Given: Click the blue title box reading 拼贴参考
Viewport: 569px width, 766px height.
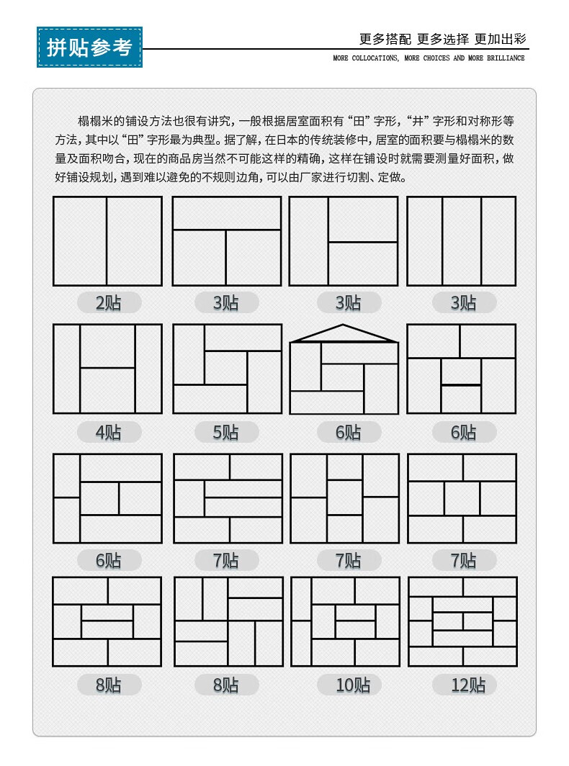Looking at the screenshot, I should (x=89, y=48).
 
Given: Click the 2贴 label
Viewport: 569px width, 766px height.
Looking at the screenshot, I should (x=109, y=303).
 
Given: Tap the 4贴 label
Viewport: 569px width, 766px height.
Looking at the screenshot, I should (x=109, y=432).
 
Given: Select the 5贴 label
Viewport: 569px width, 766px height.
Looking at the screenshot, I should (x=225, y=432).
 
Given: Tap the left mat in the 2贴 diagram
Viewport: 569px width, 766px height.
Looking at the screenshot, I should (x=80, y=241).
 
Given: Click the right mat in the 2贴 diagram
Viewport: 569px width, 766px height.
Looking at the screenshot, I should (x=134, y=241).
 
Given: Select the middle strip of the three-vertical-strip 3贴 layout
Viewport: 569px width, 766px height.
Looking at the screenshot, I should (x=461, y=241).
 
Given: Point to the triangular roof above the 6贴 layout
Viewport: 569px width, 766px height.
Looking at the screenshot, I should (x=344, y=334).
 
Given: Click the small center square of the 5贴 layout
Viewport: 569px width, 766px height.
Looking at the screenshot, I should (x=227, y=368).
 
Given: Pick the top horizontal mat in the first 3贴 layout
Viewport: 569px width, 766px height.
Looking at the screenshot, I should (x=227, y=213).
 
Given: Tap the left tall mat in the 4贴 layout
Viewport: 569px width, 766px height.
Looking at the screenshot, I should (x=66, y=369).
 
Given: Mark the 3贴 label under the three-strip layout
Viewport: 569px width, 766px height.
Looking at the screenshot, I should (x=463, y=303).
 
